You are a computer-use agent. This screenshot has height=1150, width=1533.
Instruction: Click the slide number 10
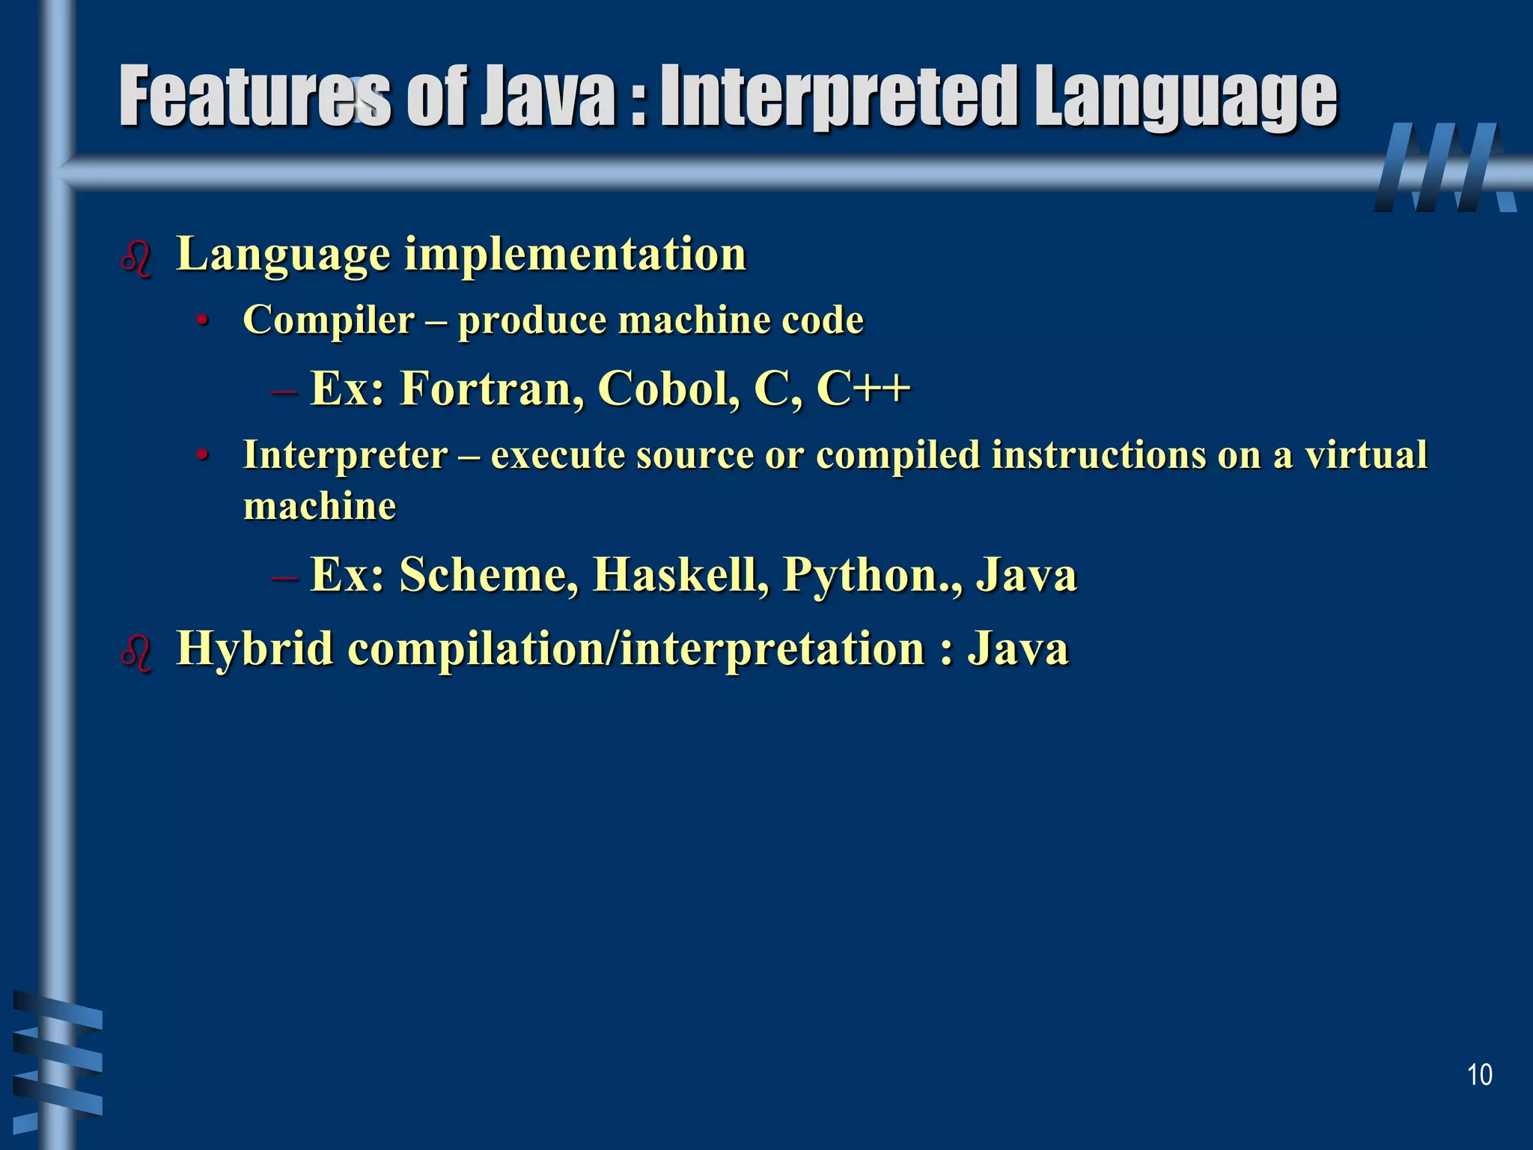[1479, 1075]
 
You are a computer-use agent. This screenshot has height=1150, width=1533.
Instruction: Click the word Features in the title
[255, 97]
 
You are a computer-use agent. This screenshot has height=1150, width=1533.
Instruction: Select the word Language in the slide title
[1186, 97]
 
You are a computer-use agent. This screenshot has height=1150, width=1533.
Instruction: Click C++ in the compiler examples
[863, 389]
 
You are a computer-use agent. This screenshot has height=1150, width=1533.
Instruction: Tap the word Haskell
[680, 575]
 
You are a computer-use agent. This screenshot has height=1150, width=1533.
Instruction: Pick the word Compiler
[329, 320]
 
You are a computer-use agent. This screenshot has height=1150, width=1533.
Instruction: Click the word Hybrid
[255, 648]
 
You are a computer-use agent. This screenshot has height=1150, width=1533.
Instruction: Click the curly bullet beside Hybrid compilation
[136, 653]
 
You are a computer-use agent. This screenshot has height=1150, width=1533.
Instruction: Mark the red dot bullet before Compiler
[201, 322]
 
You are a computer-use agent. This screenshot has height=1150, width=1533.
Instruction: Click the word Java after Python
[1026, 575]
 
